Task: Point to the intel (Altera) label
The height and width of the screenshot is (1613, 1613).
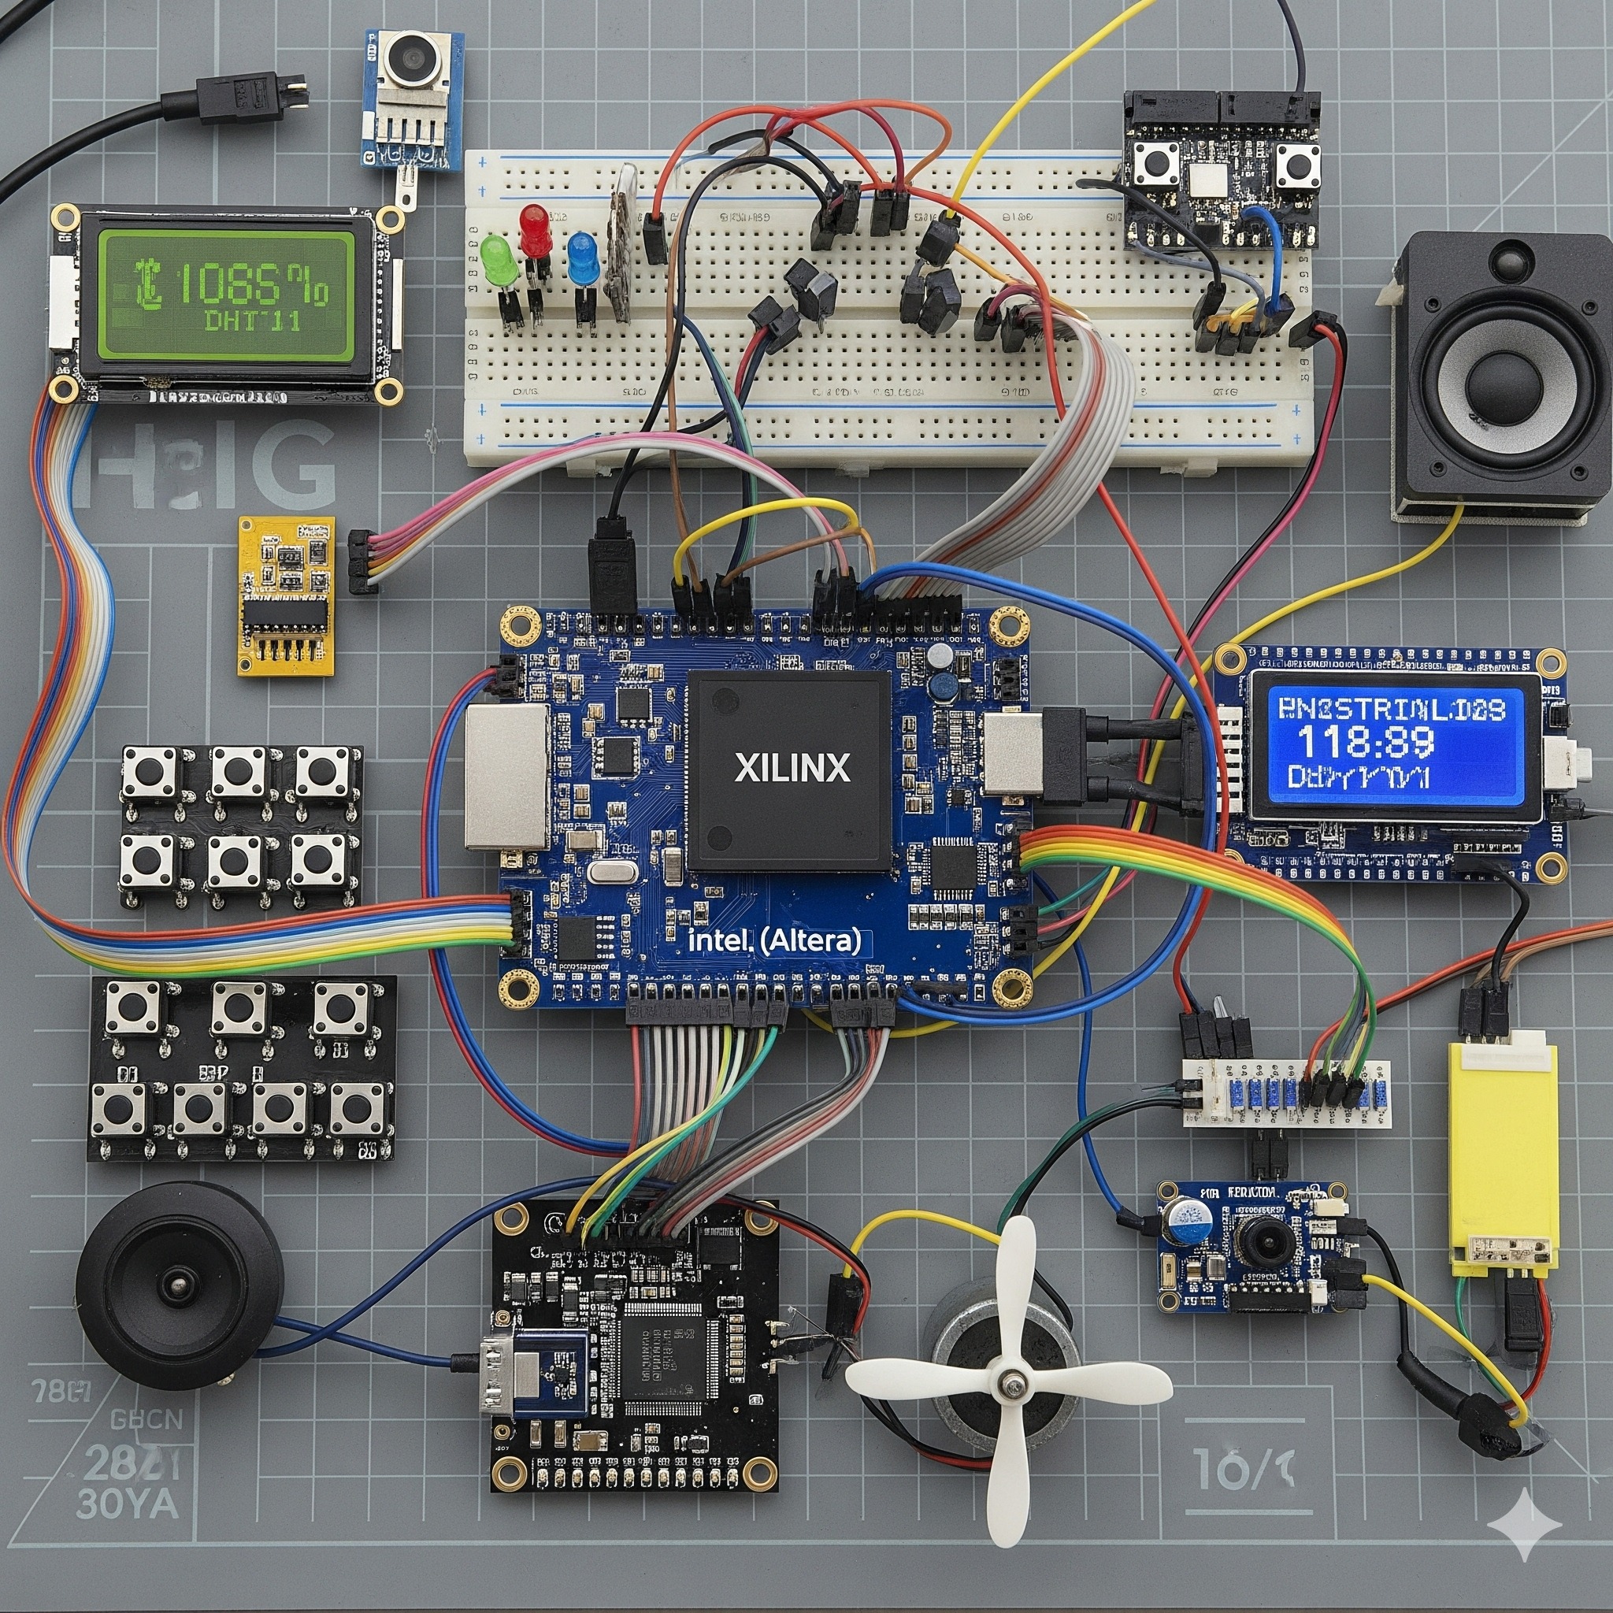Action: (776, 941)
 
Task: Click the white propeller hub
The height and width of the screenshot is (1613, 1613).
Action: (1012, 1387)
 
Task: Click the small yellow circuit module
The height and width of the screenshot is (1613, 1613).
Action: (287, 595)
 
